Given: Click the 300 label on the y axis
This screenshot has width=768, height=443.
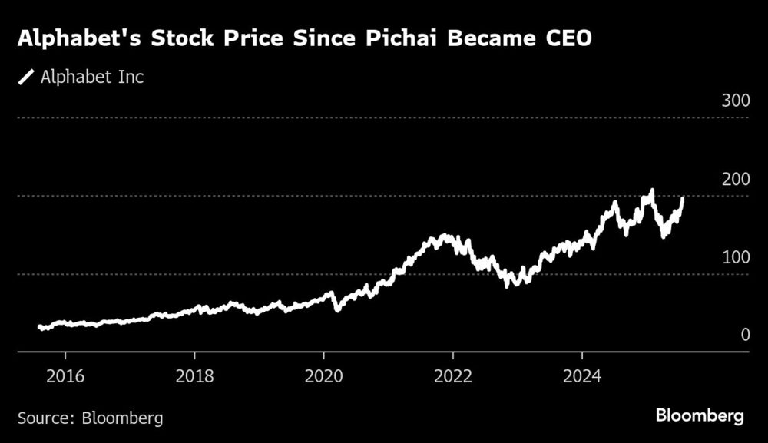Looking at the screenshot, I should coord(733,101).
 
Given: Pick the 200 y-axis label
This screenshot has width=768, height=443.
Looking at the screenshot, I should coord(733,179).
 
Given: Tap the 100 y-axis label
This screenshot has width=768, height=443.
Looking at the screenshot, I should coord(733,256).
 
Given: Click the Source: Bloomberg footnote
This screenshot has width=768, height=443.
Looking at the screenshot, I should coord(90,418).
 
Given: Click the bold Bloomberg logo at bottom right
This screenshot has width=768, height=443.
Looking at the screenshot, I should coord(700,416).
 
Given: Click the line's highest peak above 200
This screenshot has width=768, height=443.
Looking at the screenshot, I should coord(652,190).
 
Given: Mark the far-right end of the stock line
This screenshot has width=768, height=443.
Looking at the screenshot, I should coord(683,199).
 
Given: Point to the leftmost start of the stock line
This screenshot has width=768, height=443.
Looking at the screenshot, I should coord(40,327).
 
